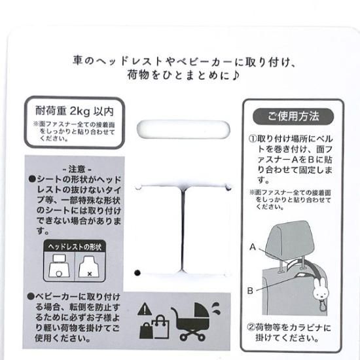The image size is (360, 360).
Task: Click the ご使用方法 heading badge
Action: point(293,117)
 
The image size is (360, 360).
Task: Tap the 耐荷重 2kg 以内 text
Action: point(75,111)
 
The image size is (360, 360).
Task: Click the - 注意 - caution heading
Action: point(77,170)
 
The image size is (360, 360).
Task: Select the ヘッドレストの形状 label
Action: point(75,247)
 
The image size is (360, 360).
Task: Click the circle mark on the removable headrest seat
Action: point(59,274)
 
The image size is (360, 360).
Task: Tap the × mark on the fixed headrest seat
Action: point(90,274)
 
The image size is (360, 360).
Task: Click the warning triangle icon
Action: point(145,309)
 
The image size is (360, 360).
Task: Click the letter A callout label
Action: point(253,247)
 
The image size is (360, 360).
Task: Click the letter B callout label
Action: point(250,291)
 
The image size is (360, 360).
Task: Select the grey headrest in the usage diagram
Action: point(291,239)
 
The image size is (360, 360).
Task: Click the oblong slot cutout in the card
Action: point(183,129)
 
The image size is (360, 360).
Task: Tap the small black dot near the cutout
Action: point(137,273)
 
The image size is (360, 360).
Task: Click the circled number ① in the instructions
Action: point(252,139)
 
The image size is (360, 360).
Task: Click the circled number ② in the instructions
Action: point(251,327)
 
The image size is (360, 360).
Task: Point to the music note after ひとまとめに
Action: point(236,75)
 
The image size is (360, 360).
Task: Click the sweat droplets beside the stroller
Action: point(215,308)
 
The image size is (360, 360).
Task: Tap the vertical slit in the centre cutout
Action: point(183,229)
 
